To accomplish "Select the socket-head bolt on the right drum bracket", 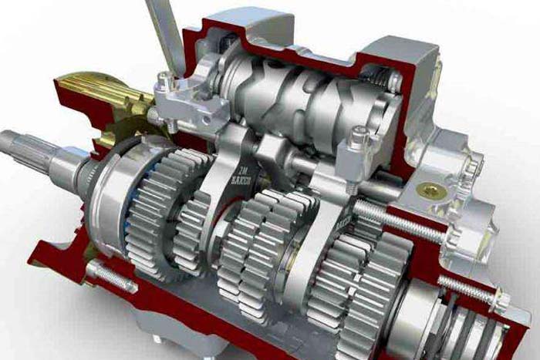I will tap(356, 143).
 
